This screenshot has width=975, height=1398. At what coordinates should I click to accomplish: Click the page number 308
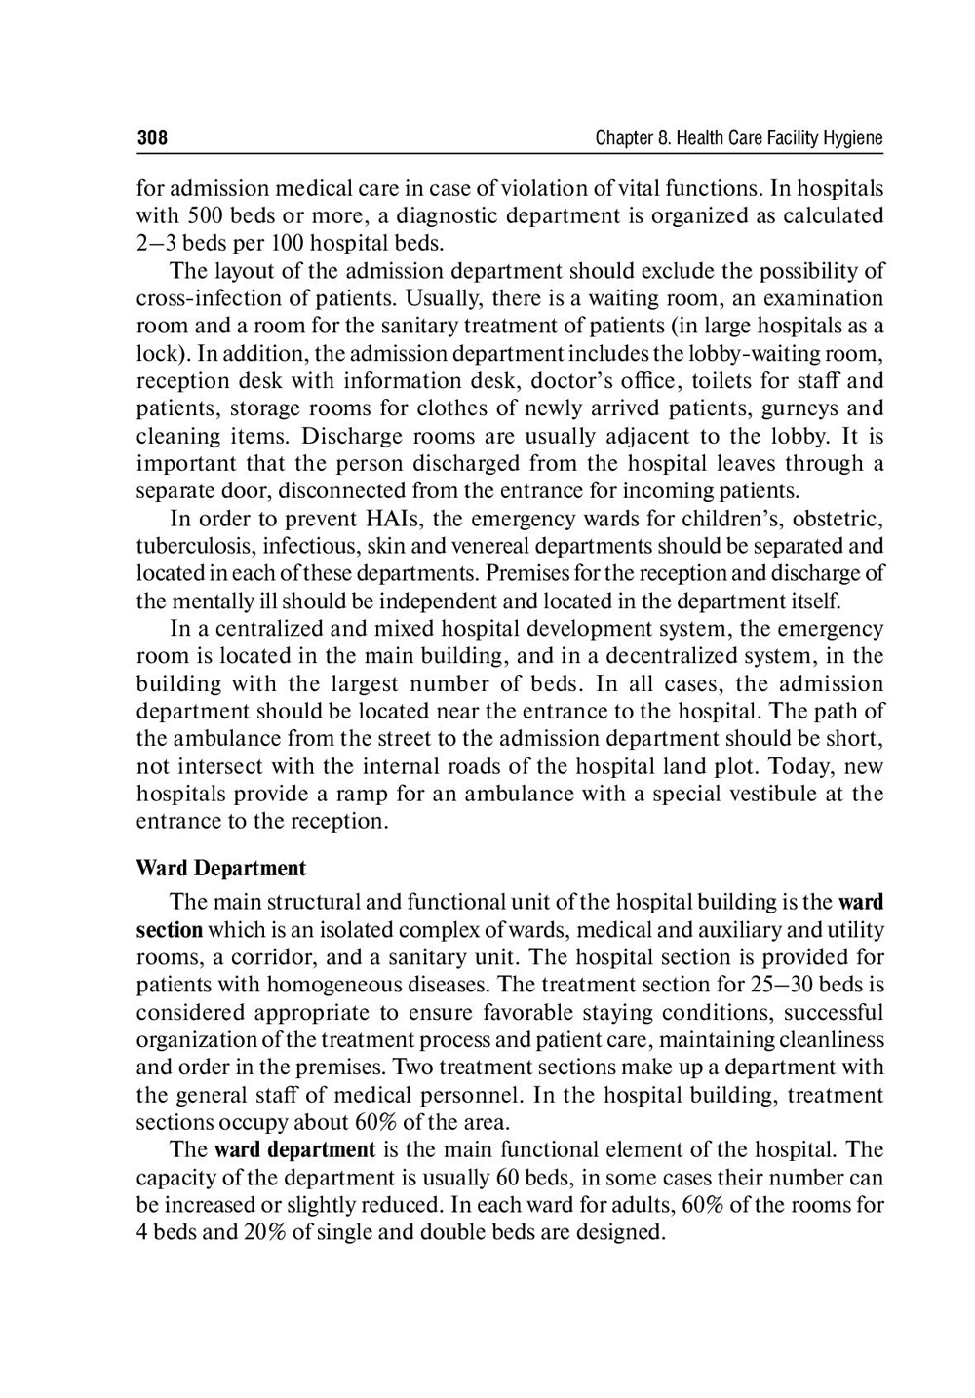tap(152, 138)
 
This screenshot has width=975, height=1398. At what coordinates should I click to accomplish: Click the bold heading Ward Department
tap(220, 869)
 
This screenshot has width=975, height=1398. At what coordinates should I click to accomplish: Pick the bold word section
tap(169, 930)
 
